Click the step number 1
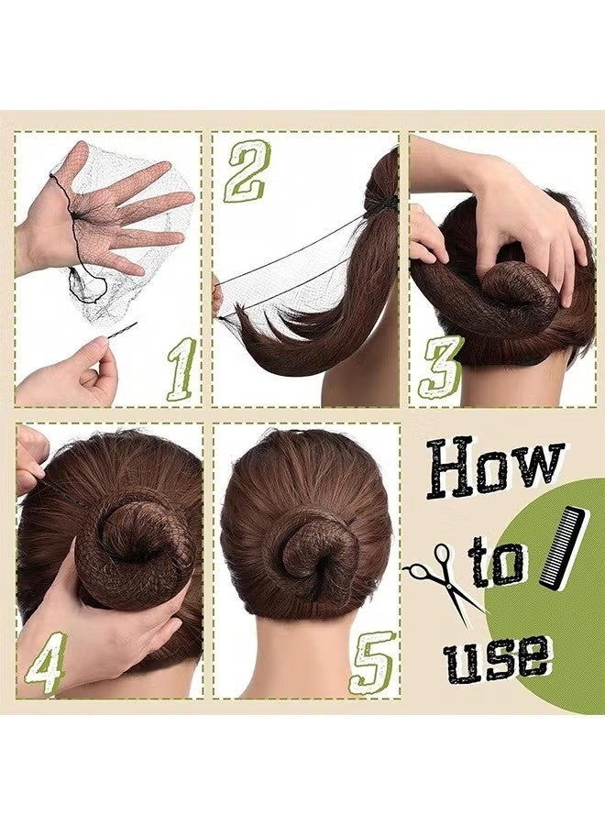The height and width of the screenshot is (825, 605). click(x=181, y=368)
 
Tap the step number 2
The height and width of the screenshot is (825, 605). click(x=246, y=171)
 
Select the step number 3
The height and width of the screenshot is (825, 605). click(x=441, y=367)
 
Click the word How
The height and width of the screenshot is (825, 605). click(x=495, y=468)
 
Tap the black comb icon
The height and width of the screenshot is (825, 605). click(x=562, y=547)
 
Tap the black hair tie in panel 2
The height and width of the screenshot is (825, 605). click(x=390, y=203)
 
